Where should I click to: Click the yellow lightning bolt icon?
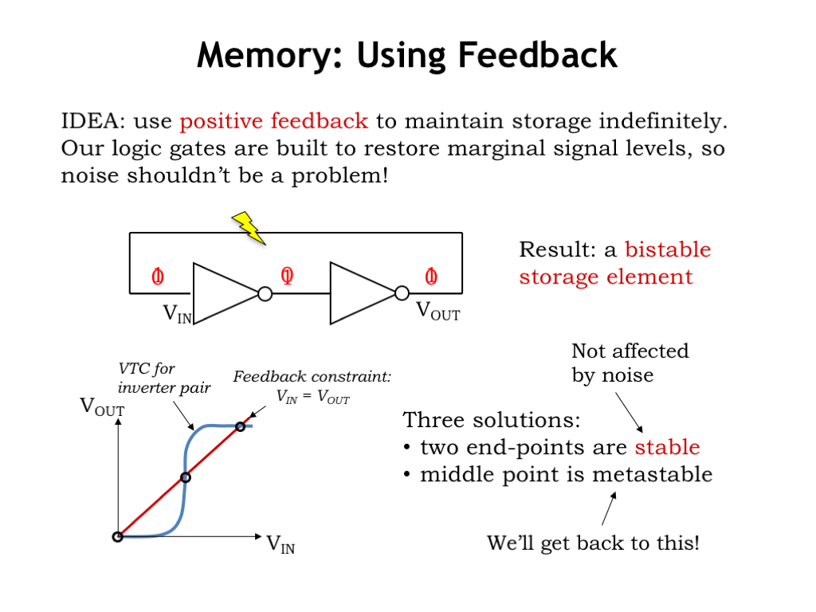(x=249, y=227)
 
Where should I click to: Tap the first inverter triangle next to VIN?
(x=222, y=294)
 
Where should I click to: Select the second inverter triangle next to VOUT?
(x=360, y=294)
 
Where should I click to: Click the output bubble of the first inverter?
(x=265, y=294)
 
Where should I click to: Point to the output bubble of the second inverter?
(x=403, y=294)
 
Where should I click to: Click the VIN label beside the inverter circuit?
(x=177, y=314)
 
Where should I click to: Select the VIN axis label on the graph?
(x=280, y=545)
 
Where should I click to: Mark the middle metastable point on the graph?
(x=186, y=477)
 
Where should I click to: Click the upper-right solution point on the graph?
(x=240, y=426)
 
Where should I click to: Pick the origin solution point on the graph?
(x=117, y=536)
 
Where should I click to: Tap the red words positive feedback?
(x=273, y=122)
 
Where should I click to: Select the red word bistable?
(x=668, y=249)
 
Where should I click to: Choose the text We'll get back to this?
(x=594, y=544)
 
